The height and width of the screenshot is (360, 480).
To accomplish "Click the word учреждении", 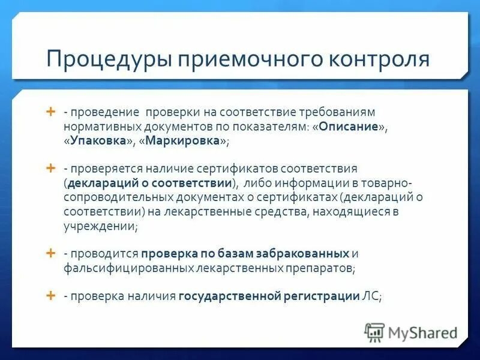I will pyautogui.click(x=100, y=226).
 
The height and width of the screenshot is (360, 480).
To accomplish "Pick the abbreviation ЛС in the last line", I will pyautogui.click(x=370, y=296).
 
